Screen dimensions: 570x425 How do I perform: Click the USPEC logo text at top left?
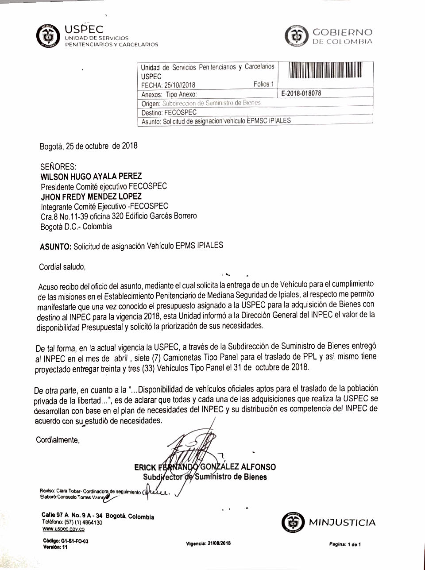click(x=84, y=30)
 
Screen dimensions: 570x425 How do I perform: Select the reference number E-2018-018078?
click(x=301, y=94)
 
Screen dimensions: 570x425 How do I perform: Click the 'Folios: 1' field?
click(x=264, y=84)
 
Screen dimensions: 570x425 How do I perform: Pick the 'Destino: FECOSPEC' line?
click(x=169, y=112)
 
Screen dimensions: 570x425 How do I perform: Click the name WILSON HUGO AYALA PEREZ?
click(x=91, y=176)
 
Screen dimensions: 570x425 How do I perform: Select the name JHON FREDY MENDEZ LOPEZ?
click(x=91, y=196)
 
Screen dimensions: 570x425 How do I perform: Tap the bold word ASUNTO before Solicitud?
click(x=55, y=247)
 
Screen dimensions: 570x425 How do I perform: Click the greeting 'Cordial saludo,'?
click(x=62, y=267)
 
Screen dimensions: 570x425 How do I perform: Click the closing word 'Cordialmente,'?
click(x=58, y=440)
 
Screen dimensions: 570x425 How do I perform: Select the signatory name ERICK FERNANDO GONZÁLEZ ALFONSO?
click(x=205, y=467)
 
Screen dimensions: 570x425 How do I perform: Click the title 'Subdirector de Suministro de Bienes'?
click(x=205, y=477)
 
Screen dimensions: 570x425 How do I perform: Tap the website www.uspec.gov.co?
click(x=63, y=529)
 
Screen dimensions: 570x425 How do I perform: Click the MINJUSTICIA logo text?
click(x=342, y=523)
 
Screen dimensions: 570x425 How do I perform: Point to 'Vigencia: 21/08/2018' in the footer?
click(x=209, y=543)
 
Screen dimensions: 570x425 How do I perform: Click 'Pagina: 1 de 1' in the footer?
click(x=345, y=544)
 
